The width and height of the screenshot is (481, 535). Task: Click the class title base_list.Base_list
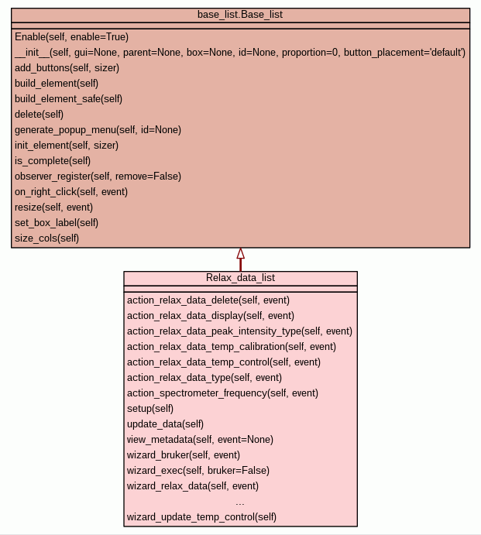pos(240,15)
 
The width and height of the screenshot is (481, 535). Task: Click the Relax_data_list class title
pos(240,278)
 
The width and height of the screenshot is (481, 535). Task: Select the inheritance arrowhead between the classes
pos(240,254)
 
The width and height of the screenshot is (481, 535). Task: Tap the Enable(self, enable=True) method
pos(71,36)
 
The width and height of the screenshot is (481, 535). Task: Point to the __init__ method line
pos(239,52)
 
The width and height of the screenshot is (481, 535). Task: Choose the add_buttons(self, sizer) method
pos(67,67)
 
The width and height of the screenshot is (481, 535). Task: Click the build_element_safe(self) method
pos(68,98)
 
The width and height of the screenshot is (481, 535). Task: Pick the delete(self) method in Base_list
pos(39,114)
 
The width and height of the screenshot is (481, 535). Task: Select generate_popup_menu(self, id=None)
pos(98,129)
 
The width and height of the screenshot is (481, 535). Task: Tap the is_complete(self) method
pos(53,160)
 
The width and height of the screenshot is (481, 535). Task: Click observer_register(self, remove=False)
pos(98,176)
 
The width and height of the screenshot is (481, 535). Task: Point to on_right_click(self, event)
pos(71,191)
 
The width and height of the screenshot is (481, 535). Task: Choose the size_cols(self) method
pos(46,238)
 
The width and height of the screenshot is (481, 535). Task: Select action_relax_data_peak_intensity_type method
pos(239,331)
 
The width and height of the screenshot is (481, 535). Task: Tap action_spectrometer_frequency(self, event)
pos(222,393)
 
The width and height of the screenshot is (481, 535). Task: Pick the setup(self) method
pos(150,408)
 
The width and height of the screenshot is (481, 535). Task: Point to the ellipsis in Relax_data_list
pos(240,502)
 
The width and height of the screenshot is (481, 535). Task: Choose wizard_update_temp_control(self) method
pos(201,516)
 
